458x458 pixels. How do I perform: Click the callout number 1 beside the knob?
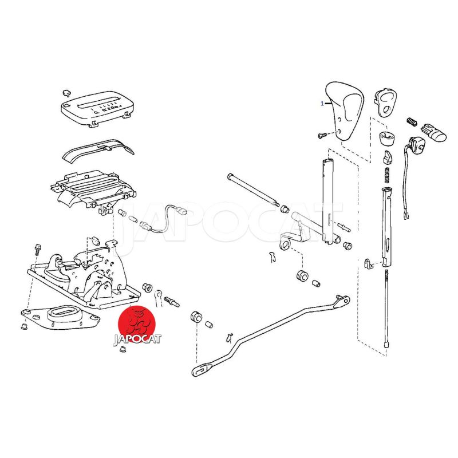(322, 104)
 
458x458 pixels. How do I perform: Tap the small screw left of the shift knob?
(322, 135)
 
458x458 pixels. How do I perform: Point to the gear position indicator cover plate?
(97, 108)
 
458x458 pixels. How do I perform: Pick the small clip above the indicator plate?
(66, 93)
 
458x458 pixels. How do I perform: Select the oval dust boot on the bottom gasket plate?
(64, 313)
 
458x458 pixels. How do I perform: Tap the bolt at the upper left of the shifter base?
(38, 248)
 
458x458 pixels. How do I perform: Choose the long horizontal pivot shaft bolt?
(252, 190)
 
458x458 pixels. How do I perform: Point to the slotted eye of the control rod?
(202, 370)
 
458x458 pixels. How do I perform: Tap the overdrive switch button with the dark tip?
(433, 133)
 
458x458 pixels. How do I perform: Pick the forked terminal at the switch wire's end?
(406, 216)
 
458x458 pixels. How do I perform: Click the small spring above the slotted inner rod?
(388, 176)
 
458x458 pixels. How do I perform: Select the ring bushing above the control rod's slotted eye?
(195, 317)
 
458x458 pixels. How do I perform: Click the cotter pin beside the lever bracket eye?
(273, 257)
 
